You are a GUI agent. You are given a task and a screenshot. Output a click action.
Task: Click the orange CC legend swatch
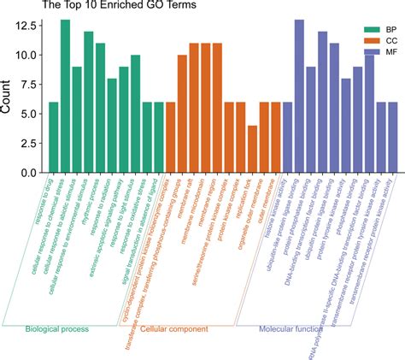(347, 40)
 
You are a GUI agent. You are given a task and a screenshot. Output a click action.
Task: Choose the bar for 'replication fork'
(252, 149)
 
